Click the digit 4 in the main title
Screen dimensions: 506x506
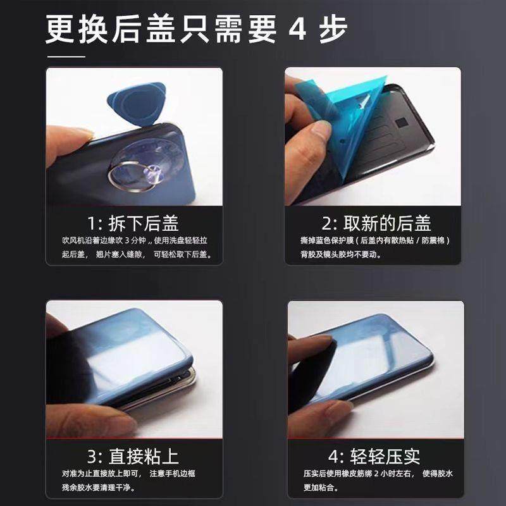(297, 29)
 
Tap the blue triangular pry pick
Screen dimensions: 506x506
(137, 103)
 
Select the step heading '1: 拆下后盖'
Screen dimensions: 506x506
(133, 223)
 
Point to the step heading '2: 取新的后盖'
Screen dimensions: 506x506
(376, 223)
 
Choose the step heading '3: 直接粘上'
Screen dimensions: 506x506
(133, 456)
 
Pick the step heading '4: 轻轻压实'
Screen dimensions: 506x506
(374, 456)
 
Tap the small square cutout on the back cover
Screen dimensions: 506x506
(402, 123)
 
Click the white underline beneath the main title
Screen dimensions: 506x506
(66, 57)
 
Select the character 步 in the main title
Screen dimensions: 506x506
(333, 29)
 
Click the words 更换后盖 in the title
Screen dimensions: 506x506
(110, 29)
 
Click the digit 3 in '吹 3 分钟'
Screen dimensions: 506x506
(127, 240)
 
